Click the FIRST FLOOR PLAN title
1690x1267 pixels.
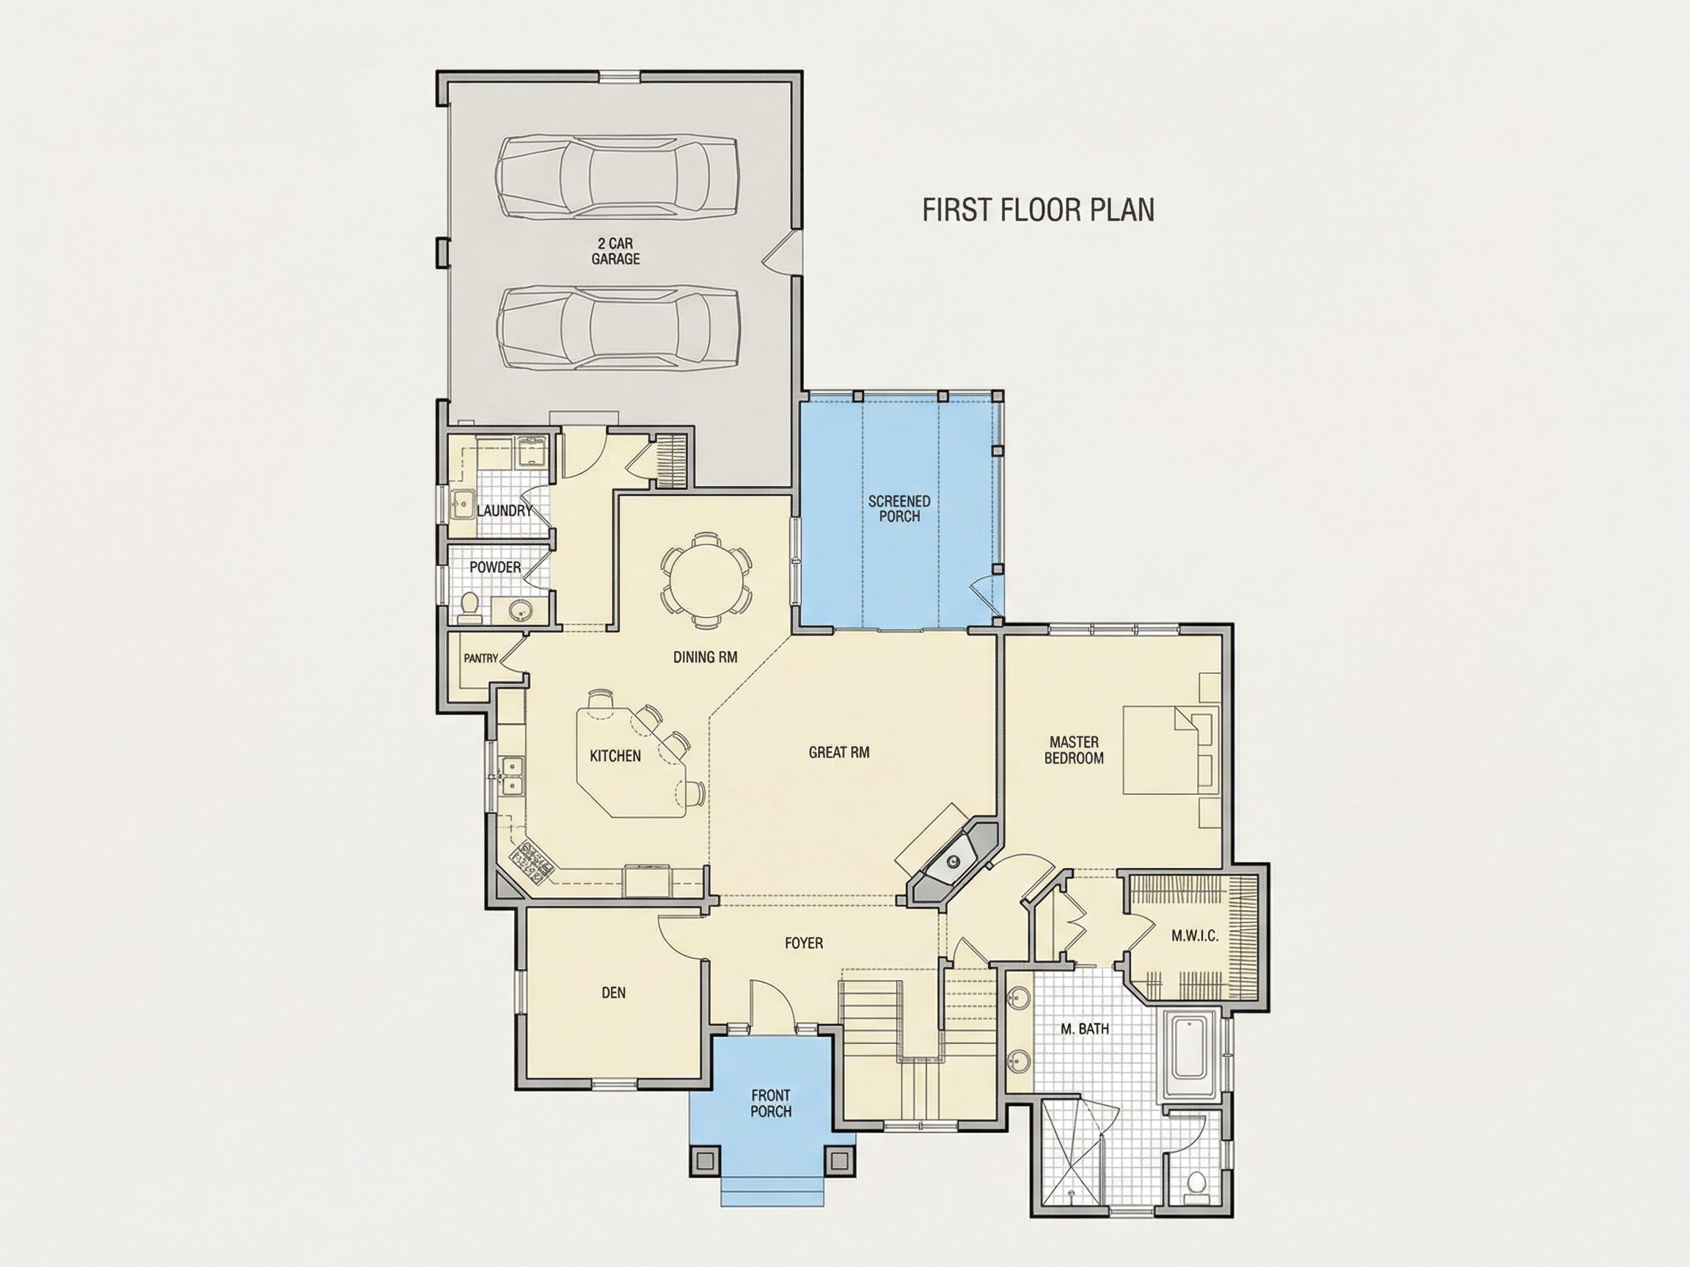[1039, 210]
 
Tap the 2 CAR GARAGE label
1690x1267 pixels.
[616, 251]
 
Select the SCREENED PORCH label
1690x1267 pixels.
[899, 509]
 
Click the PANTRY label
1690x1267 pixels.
[480, 658]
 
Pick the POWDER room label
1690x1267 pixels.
[495, 568]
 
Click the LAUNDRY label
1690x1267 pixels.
[504, 510]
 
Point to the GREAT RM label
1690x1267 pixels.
[839, 752]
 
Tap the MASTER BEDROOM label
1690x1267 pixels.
[1073, 750]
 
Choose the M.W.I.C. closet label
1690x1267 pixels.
[1195, 936]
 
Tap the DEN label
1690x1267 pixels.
[613, 993]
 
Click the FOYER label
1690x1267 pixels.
[804, 943]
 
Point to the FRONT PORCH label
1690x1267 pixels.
[770, 1103]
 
